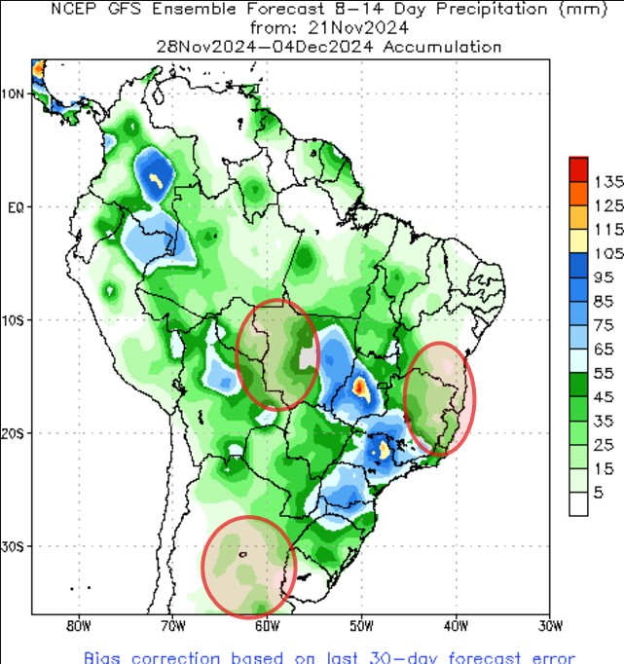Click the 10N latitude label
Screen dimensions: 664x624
(x=13, y=94)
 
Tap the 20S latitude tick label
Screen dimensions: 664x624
(x=13, y=432)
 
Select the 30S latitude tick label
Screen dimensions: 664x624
(x=13, y=546)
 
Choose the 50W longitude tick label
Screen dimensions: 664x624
(x=361, y=624)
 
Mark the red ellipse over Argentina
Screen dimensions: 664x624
(x=247, y=567)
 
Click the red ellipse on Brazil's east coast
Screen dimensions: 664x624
(x=440, y=398)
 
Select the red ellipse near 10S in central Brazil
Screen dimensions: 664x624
(x=277, y=355)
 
